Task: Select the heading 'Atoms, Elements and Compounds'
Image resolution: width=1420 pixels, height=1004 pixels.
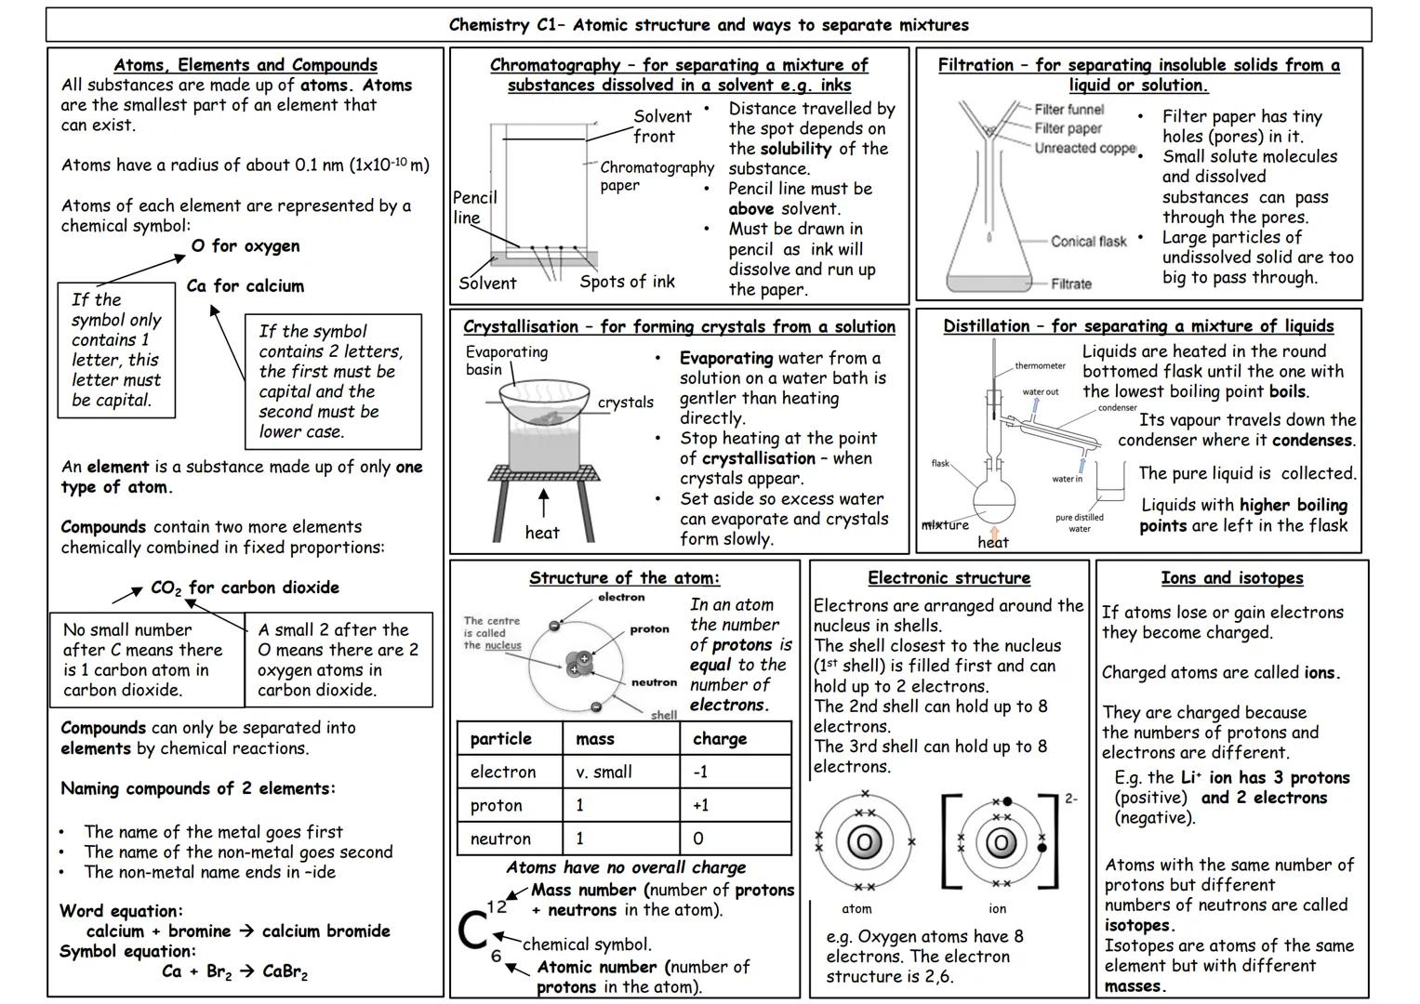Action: pos(246,65)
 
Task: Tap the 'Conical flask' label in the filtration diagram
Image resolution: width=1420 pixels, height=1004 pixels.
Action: pos(1088,242)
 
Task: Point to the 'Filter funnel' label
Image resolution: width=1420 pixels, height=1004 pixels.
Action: pos(1068,110)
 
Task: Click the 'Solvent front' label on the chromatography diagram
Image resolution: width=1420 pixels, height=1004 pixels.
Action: pos(662,126)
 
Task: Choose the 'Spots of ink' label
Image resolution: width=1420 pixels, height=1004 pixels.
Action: pos(627,282)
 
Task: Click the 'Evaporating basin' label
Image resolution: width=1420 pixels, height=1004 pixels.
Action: pos(506,361)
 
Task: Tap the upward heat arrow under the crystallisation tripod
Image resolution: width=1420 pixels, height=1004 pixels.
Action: pos(543,502)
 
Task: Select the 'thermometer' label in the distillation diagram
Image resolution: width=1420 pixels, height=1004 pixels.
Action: pos(1040,366)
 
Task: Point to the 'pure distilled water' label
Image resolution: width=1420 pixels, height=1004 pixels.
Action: pos(1079,523)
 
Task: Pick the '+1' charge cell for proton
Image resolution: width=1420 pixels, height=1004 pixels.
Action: pos(700,805)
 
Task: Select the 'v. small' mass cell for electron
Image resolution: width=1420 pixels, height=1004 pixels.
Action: pos(604,772)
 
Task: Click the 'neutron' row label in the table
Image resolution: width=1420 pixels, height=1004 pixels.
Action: pos(500,839)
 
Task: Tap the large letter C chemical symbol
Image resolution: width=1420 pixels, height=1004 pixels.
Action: pos(472,931)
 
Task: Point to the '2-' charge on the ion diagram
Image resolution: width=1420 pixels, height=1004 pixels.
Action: pos(1070,799)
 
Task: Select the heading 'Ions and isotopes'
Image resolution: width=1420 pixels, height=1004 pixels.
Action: pos(1231,578)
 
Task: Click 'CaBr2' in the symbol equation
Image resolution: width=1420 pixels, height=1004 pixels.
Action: pos(285,972)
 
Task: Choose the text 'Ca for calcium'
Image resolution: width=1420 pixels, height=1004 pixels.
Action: pos(245,286)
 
